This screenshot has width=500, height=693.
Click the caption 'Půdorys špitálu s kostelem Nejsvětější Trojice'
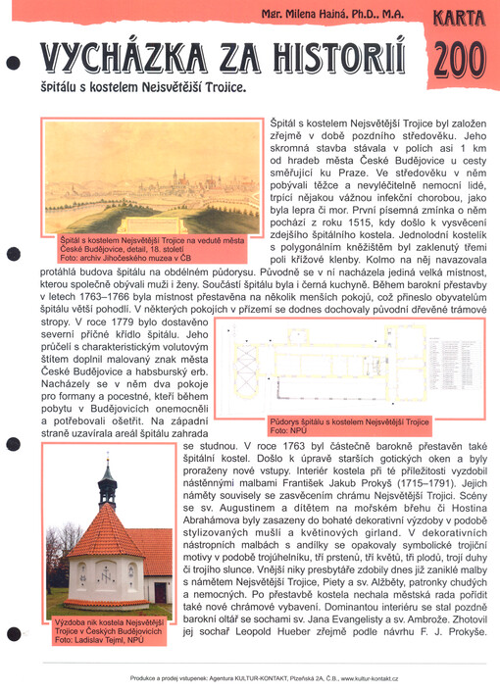(350, 421)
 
